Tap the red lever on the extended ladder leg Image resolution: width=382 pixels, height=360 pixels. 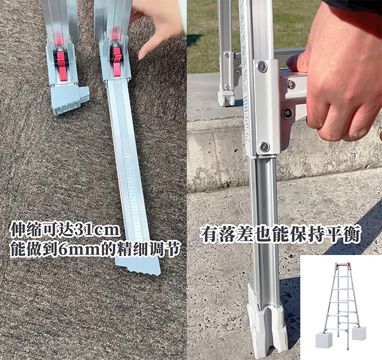click(x=117, y=59)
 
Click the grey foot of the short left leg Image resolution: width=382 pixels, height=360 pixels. click(x=70, y=99)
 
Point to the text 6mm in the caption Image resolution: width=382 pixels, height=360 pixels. click(x=79, y=250)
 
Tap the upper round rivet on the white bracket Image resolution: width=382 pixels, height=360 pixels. click(x=261, y=67)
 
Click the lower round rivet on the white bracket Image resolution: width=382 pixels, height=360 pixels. click(x=264, y=147)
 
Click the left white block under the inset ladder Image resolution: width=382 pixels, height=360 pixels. click(x=324, y=340)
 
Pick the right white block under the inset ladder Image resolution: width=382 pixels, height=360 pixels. click(x=359, y=334)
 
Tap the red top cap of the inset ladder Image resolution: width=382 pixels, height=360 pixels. click(x=343, y=265)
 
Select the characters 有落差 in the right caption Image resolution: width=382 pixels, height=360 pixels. click(x=225, y=235)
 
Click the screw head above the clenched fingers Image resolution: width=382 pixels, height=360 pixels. click(x=290, y=85)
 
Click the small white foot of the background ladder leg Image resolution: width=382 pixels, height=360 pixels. click(x=226, y=98)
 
